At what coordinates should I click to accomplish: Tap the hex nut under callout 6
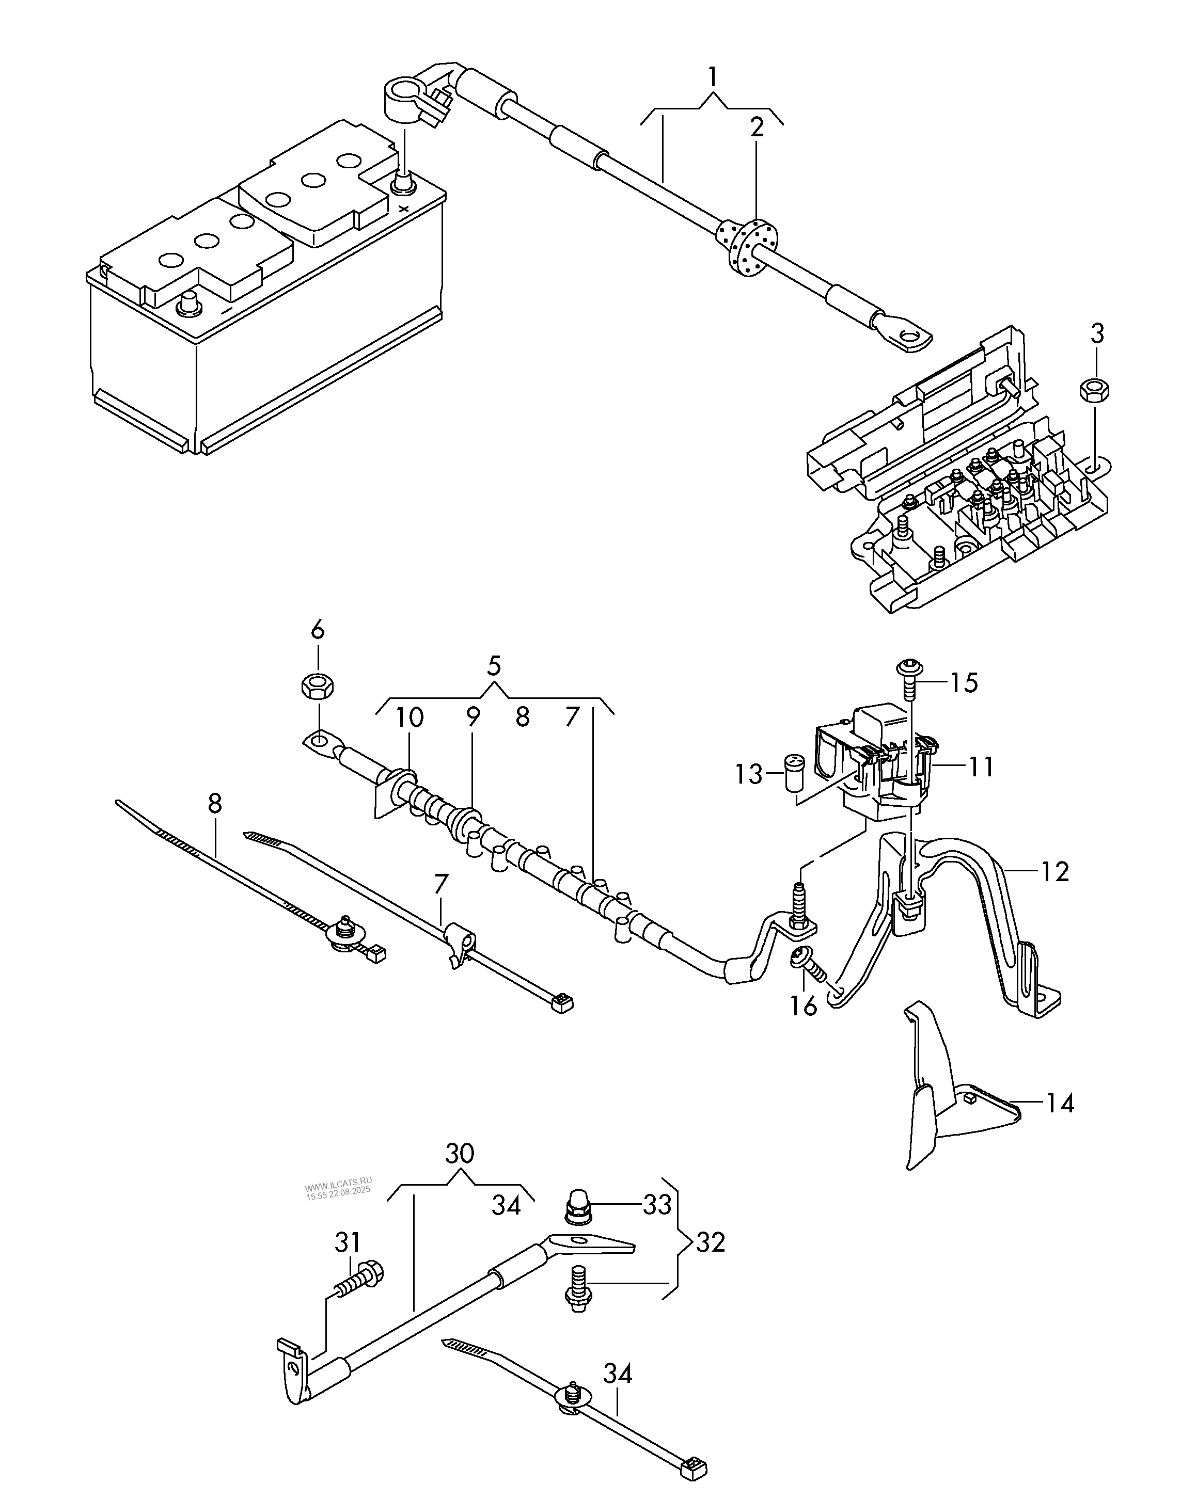tap(318, 685)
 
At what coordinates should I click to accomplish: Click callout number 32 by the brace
tap(710, 1243)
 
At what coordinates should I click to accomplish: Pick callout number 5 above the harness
tap(494, 666)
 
